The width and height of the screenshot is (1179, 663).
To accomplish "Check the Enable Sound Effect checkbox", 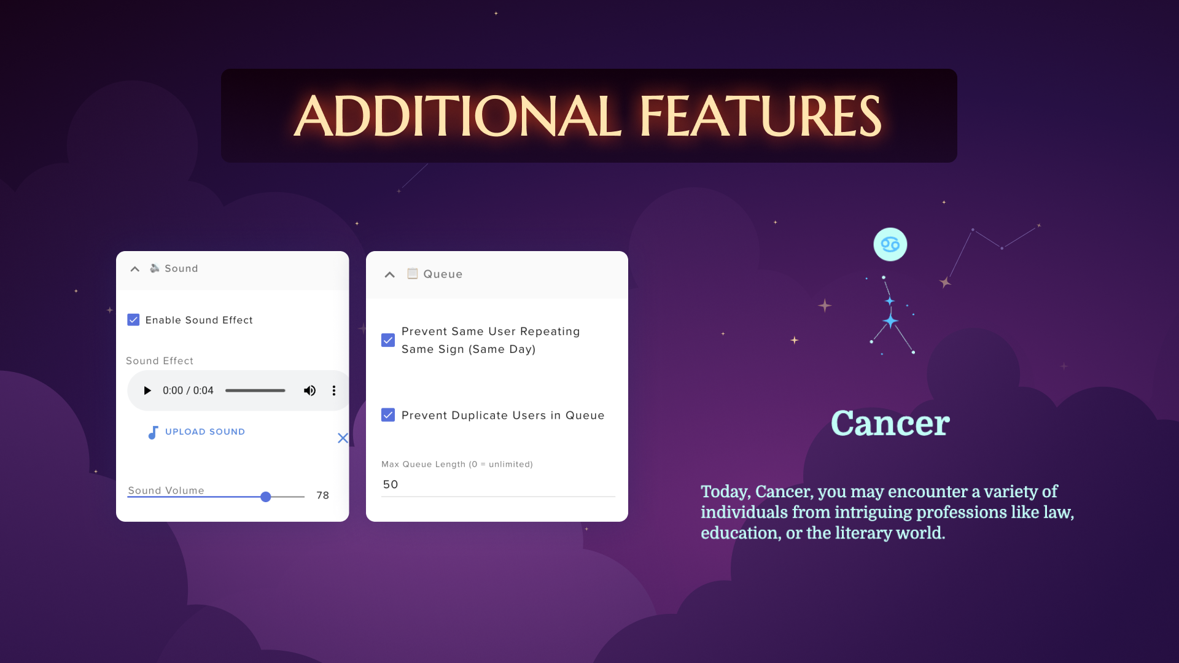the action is tap(133, 320).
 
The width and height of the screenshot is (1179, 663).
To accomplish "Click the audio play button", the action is tap(147, 390).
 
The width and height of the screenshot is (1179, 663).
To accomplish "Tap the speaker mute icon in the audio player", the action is tap(309, 390).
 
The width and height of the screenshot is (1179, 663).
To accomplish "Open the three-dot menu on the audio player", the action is tap(334, 390).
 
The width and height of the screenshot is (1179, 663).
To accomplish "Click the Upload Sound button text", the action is tap(205, 432).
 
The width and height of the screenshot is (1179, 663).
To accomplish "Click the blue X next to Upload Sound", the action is tap(343, 438).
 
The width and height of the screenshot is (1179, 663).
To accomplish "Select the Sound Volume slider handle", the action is tap(266, 497).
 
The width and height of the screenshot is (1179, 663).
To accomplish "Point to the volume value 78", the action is tap(323, 495).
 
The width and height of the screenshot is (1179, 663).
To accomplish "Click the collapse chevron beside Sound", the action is tap(135, 269).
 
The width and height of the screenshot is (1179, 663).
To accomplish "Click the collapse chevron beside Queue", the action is tap(389, 274).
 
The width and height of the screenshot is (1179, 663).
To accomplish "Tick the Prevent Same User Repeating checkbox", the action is tap(388, 340).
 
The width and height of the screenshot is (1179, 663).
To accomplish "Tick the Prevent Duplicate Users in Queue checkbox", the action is tap(388, 415).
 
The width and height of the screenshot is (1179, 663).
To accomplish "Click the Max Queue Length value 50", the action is tap(391, 484).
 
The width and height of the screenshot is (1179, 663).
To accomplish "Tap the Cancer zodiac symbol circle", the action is tap(890, 244).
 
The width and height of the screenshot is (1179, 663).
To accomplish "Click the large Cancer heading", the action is tap(890, 423).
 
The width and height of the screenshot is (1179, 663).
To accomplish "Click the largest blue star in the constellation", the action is tap(890, 320).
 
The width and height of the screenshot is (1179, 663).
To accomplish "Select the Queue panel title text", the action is tap(443, 274).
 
